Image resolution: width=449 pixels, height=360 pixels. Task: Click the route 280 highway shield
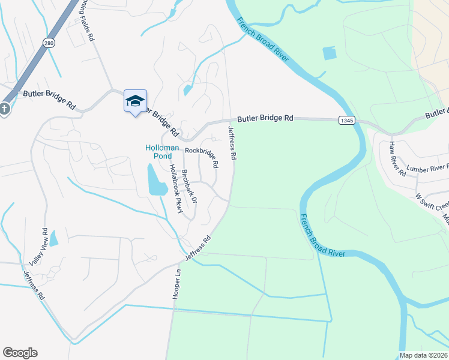click(49, 43)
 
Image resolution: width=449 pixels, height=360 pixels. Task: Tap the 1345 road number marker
click(346, 120)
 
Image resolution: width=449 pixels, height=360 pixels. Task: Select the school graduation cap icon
click(135, 100)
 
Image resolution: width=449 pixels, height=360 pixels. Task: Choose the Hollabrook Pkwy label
click(176, 188)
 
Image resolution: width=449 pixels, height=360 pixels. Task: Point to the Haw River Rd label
click(397, 159)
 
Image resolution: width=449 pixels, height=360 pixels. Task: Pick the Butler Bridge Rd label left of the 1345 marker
click(265, 119)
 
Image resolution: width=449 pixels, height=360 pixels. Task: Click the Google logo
click(20, 353)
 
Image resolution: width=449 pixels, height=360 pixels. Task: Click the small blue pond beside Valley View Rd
click(53, 238)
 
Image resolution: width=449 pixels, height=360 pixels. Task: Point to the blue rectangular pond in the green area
click(330, 53)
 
